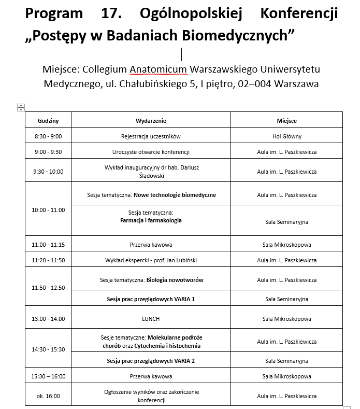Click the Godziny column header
(48, 121)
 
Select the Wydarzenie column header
(151, 121)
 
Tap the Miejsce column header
(286, 121)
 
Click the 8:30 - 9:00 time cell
(48, 136)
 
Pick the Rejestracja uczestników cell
(151, 136)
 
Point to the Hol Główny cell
(286, 136)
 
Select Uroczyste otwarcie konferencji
(151, 152)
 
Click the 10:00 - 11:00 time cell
(48, 210)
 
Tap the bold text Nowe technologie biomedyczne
(175, 195)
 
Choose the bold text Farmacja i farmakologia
(151, 220)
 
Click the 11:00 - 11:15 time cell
(48, 245)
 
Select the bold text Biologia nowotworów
(175, 280)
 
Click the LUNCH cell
(151, 319)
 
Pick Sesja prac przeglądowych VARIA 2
(151, 360)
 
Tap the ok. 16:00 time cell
(48, 396)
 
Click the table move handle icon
(21, 107)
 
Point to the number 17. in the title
(111, 12)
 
